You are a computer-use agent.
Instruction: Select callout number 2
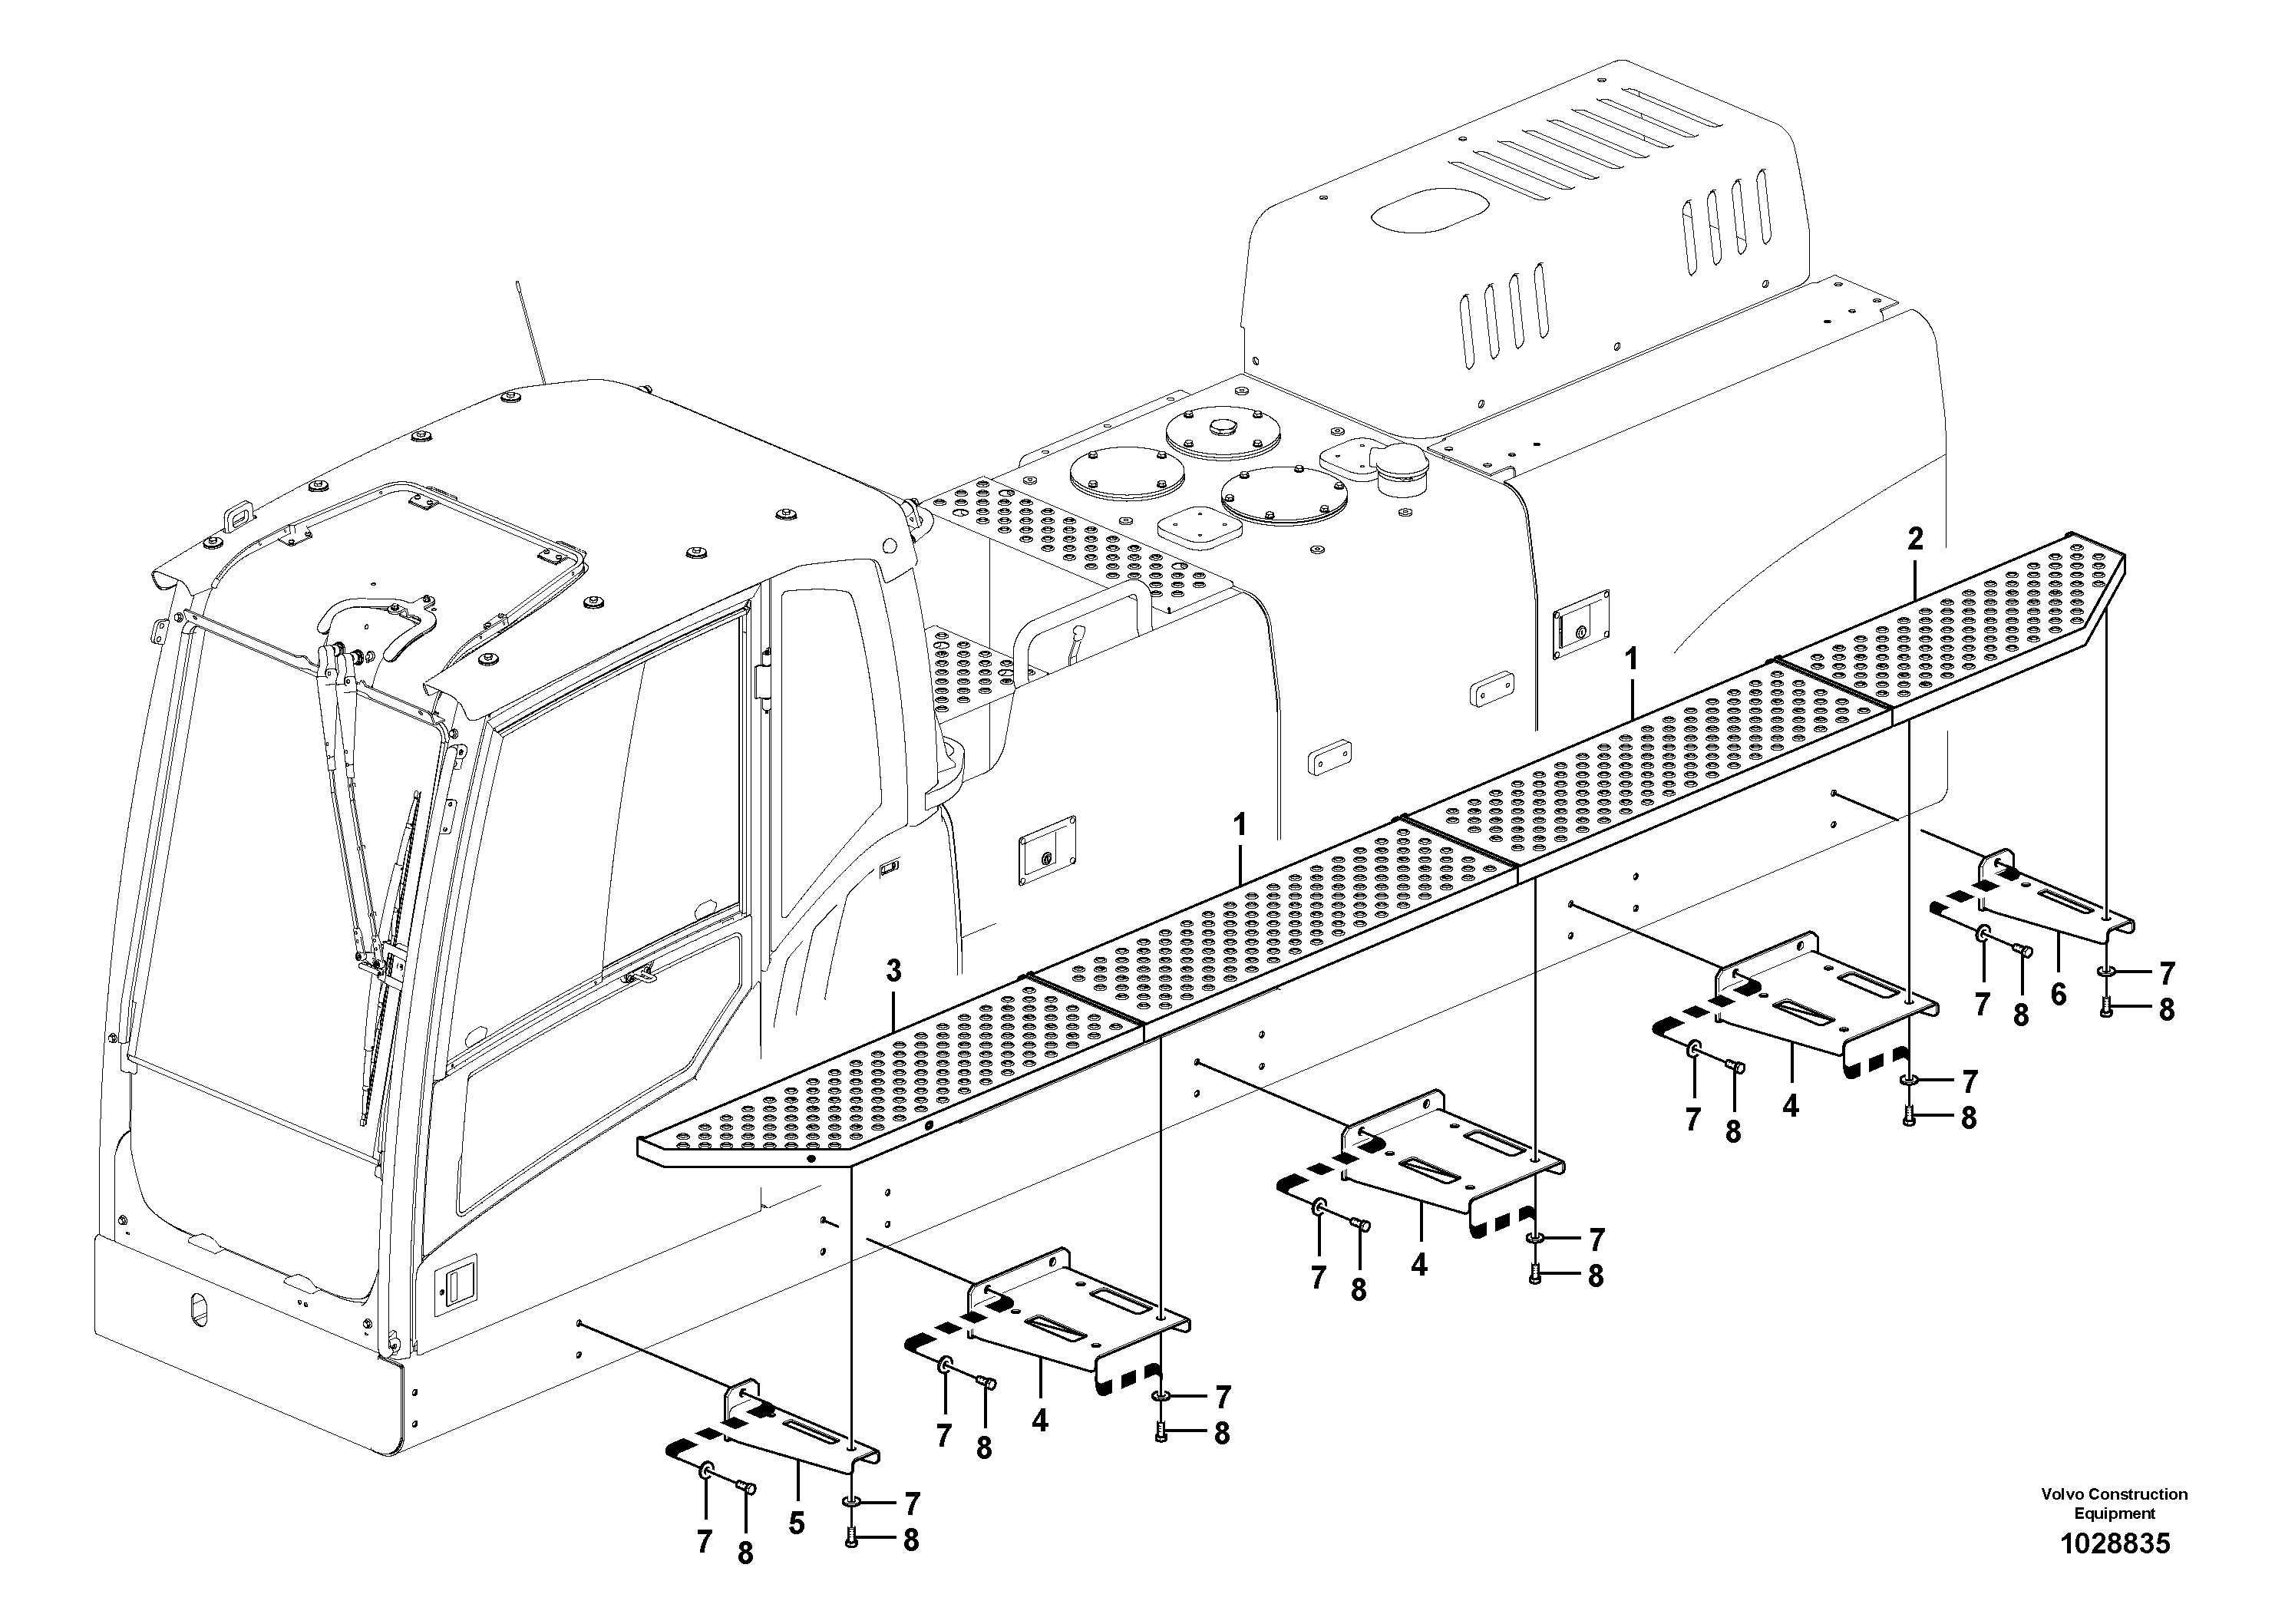1915,540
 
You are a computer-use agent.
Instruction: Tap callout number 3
893,970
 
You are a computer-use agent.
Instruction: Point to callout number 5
796,1523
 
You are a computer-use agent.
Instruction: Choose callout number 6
2058,994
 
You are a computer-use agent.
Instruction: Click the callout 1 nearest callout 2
1630,660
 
